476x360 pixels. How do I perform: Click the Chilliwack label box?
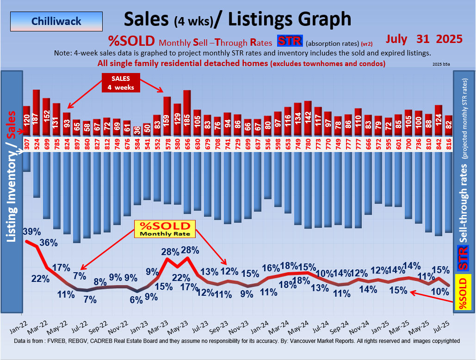pos(56,21)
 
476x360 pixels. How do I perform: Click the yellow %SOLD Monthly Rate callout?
pos(165,229)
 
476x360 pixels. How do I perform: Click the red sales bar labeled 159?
pos(167,116)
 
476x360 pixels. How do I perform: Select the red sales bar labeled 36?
pos(137,131)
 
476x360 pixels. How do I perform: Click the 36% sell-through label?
pos(48,243)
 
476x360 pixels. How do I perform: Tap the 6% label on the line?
pos(136,299)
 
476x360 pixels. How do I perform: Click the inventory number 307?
pos(26,144)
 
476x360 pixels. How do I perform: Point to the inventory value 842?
pos(438,144)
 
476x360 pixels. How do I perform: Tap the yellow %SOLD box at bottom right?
pos(463,292)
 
